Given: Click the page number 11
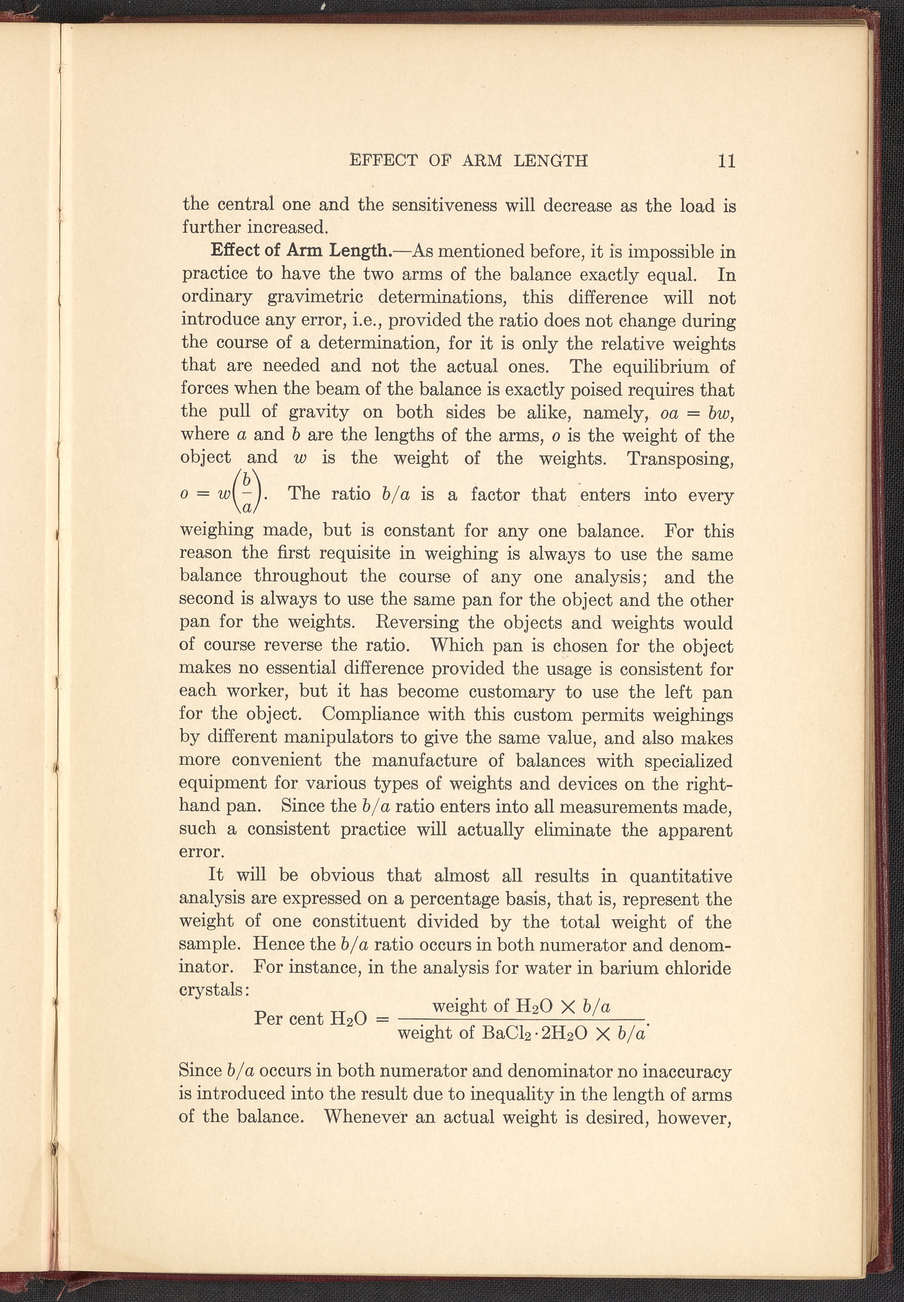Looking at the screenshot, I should point(726,161).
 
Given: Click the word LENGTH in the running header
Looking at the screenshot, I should point(550,161).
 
